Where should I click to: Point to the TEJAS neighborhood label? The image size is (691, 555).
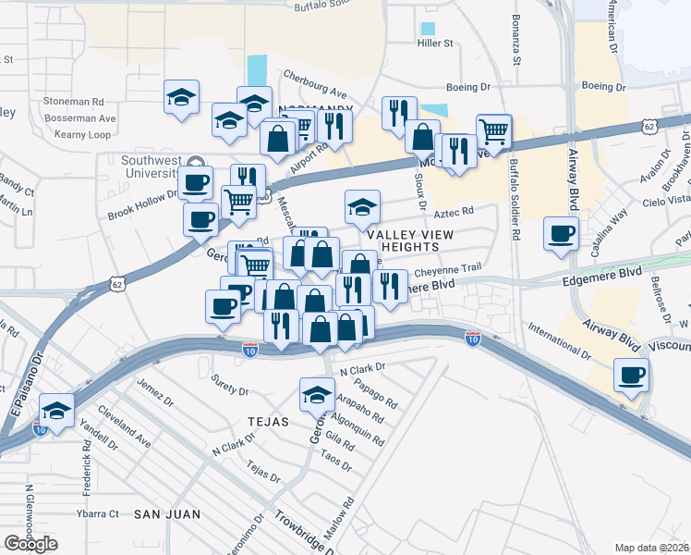pyautogui.click(x=268, y=421)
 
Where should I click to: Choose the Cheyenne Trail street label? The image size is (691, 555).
pyautogui.click(x=448, y=269)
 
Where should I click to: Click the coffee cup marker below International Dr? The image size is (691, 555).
pyautogui.click(x=632, y=376)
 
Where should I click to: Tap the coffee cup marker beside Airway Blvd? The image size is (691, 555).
pyautogui.click(x=561, y=233)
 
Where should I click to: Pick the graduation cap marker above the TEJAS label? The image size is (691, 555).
pyautogui.click(x=316, y=395)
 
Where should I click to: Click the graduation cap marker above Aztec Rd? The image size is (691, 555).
pyautogui.click(x=363, y=207)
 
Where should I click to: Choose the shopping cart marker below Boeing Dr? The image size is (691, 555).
pyautogui.click(x=494, y=131)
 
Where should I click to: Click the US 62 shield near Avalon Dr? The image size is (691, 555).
pyautogui.click(x=650, y=125)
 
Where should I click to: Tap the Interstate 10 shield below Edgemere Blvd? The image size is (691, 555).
pyautogui.click(x=473, y=339)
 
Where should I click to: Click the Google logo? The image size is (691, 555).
pyautogui.click(x=30, y=544)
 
